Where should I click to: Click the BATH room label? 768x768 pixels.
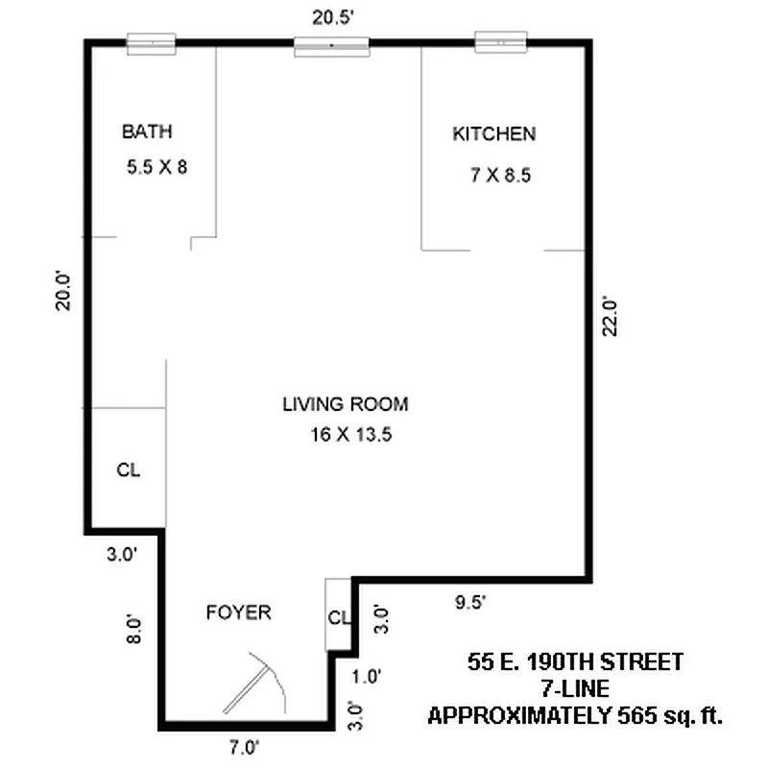point(147,132)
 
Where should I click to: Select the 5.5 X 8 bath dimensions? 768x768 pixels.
point(156,167)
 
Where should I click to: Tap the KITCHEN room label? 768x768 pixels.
point(493,134)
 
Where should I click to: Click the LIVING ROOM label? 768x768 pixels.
point(345,404)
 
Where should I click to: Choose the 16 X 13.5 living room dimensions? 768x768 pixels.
point(352,435)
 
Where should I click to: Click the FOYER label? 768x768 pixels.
point(238,612)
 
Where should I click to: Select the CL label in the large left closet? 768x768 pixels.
point(129,470)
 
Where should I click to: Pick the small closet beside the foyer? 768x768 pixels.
point(337,616)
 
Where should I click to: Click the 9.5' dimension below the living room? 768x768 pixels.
point(469,602)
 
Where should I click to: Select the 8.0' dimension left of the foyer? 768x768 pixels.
point(135,630)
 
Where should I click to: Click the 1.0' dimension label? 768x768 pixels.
point(367,676)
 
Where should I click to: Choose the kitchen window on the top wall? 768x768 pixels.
point(501,41)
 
